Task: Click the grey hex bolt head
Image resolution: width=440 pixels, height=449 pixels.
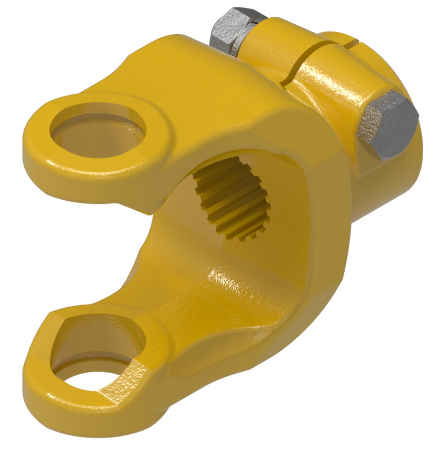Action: (388, 125)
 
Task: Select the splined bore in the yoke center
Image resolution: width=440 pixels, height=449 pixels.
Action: (232, 198)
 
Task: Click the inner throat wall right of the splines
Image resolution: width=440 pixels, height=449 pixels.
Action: (295, 211)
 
